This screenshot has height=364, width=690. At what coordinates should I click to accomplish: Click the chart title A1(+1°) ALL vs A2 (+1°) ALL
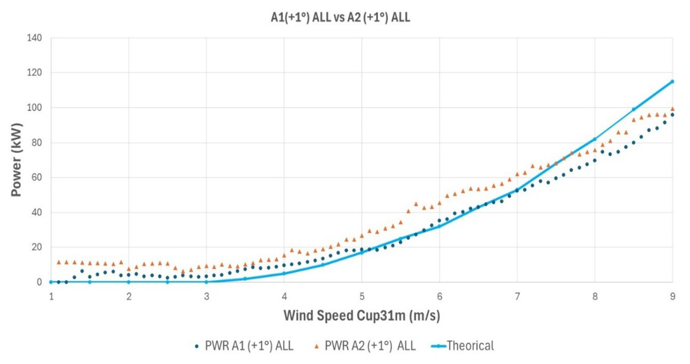pos(340,18)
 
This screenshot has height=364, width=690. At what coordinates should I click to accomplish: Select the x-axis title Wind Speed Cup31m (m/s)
pos(362,316)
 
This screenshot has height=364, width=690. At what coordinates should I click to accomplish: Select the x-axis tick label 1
pos(51,296)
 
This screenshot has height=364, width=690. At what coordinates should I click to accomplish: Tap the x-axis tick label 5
pos(362,296)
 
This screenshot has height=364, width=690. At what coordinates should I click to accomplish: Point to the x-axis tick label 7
pos(517,296)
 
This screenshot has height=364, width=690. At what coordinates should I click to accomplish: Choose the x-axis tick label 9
pos(672,296)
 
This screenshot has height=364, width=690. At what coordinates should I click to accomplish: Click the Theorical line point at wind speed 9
pos(672,82)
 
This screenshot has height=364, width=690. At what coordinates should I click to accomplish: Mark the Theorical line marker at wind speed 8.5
pos(633,109)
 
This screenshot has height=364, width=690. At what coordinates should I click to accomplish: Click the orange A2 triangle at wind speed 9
pos(672,108)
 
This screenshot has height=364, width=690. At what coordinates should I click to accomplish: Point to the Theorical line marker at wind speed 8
pos(594,139)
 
